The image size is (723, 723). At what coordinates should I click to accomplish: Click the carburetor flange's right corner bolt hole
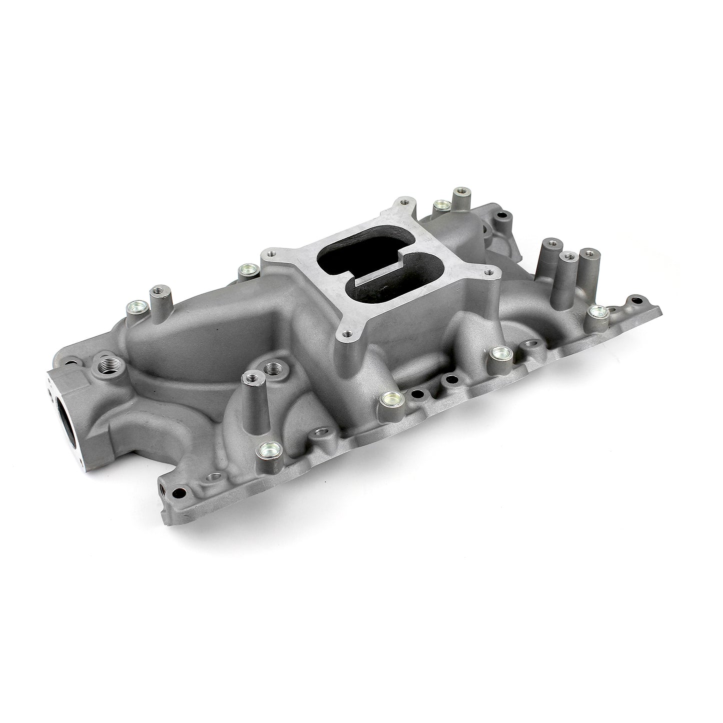(487, 273)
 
